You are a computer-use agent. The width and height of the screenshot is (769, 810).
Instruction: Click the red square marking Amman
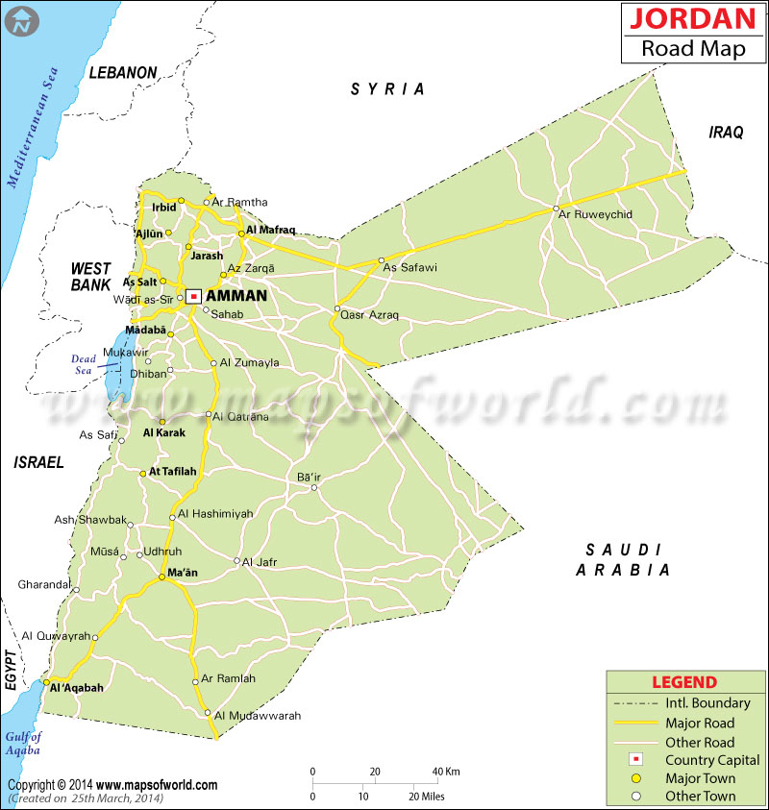(x=193, y=297)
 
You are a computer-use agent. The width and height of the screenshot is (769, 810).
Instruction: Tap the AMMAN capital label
(x=236, y=296)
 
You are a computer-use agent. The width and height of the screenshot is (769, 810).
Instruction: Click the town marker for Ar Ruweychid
(x=556, y=209)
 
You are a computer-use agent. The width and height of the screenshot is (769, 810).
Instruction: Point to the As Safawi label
(x=410, y=268)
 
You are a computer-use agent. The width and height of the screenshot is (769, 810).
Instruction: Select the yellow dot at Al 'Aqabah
(x=44, y=682)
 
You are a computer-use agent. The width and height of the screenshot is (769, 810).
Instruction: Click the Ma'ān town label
(x=183, y=574)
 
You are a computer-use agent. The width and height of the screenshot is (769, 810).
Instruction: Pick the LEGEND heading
(x=684, y=682)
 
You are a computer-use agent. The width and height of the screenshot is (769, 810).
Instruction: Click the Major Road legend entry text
(x=699, y=723)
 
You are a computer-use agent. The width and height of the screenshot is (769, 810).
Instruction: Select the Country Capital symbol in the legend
(x=635, y=760)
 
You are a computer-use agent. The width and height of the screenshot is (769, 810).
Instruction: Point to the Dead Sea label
(x=83, y=363)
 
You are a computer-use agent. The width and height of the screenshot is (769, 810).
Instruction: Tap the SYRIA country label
(x=387, y=89)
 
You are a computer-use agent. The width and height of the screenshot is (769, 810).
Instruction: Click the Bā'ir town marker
(x=313, y=487)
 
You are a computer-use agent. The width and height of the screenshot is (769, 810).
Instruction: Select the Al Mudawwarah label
(x=258, y=716)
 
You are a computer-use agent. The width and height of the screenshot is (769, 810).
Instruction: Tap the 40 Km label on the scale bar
(x=445, y=772)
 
